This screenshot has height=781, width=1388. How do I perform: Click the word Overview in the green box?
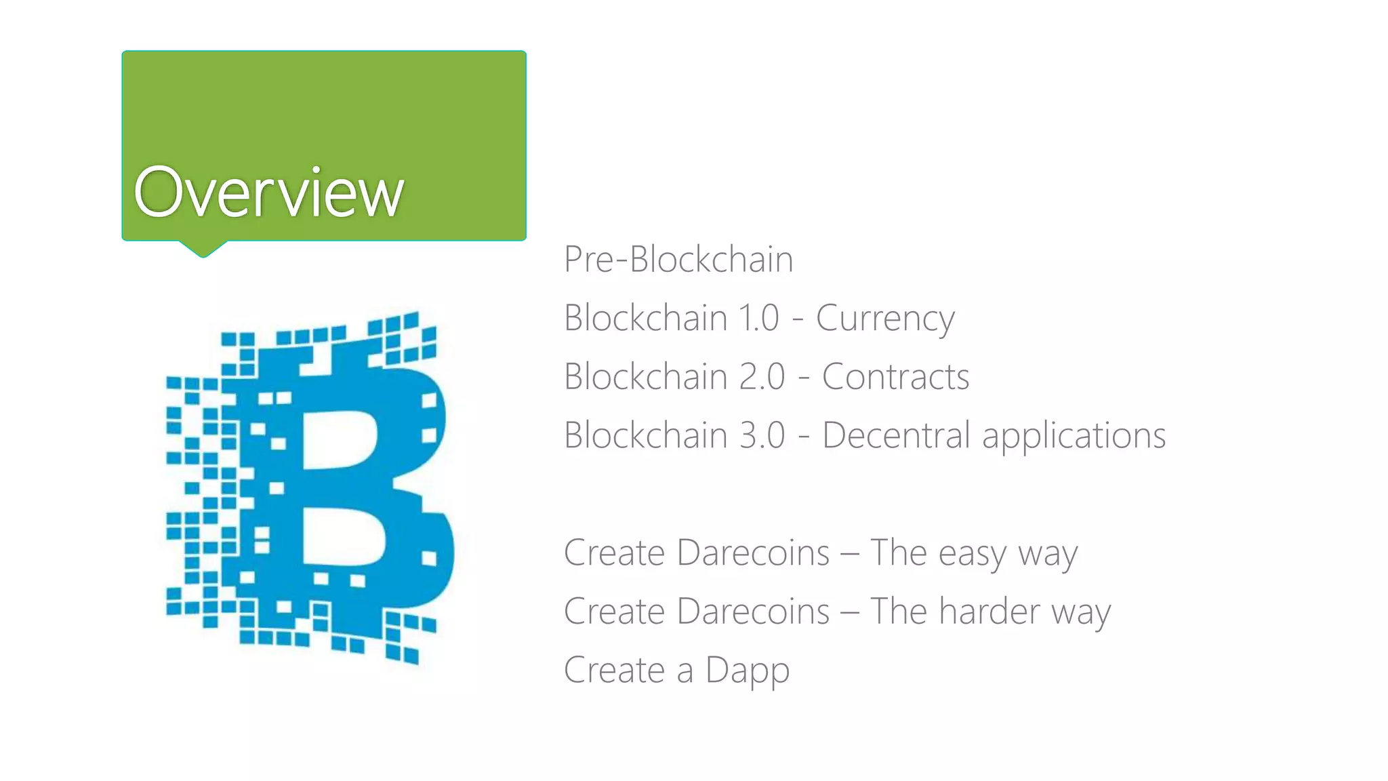269,193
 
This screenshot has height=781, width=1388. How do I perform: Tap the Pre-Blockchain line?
678,260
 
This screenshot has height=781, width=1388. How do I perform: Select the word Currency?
885,319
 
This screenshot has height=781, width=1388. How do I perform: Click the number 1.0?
759,318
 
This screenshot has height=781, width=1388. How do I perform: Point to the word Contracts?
895,377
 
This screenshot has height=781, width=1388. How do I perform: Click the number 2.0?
762,377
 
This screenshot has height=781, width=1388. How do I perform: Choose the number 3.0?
762,435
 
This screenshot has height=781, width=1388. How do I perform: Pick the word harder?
989,612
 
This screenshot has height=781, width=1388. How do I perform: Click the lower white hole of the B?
342,538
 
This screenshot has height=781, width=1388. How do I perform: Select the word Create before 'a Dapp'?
614,670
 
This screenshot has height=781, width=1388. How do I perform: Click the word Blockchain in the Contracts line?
646,377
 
